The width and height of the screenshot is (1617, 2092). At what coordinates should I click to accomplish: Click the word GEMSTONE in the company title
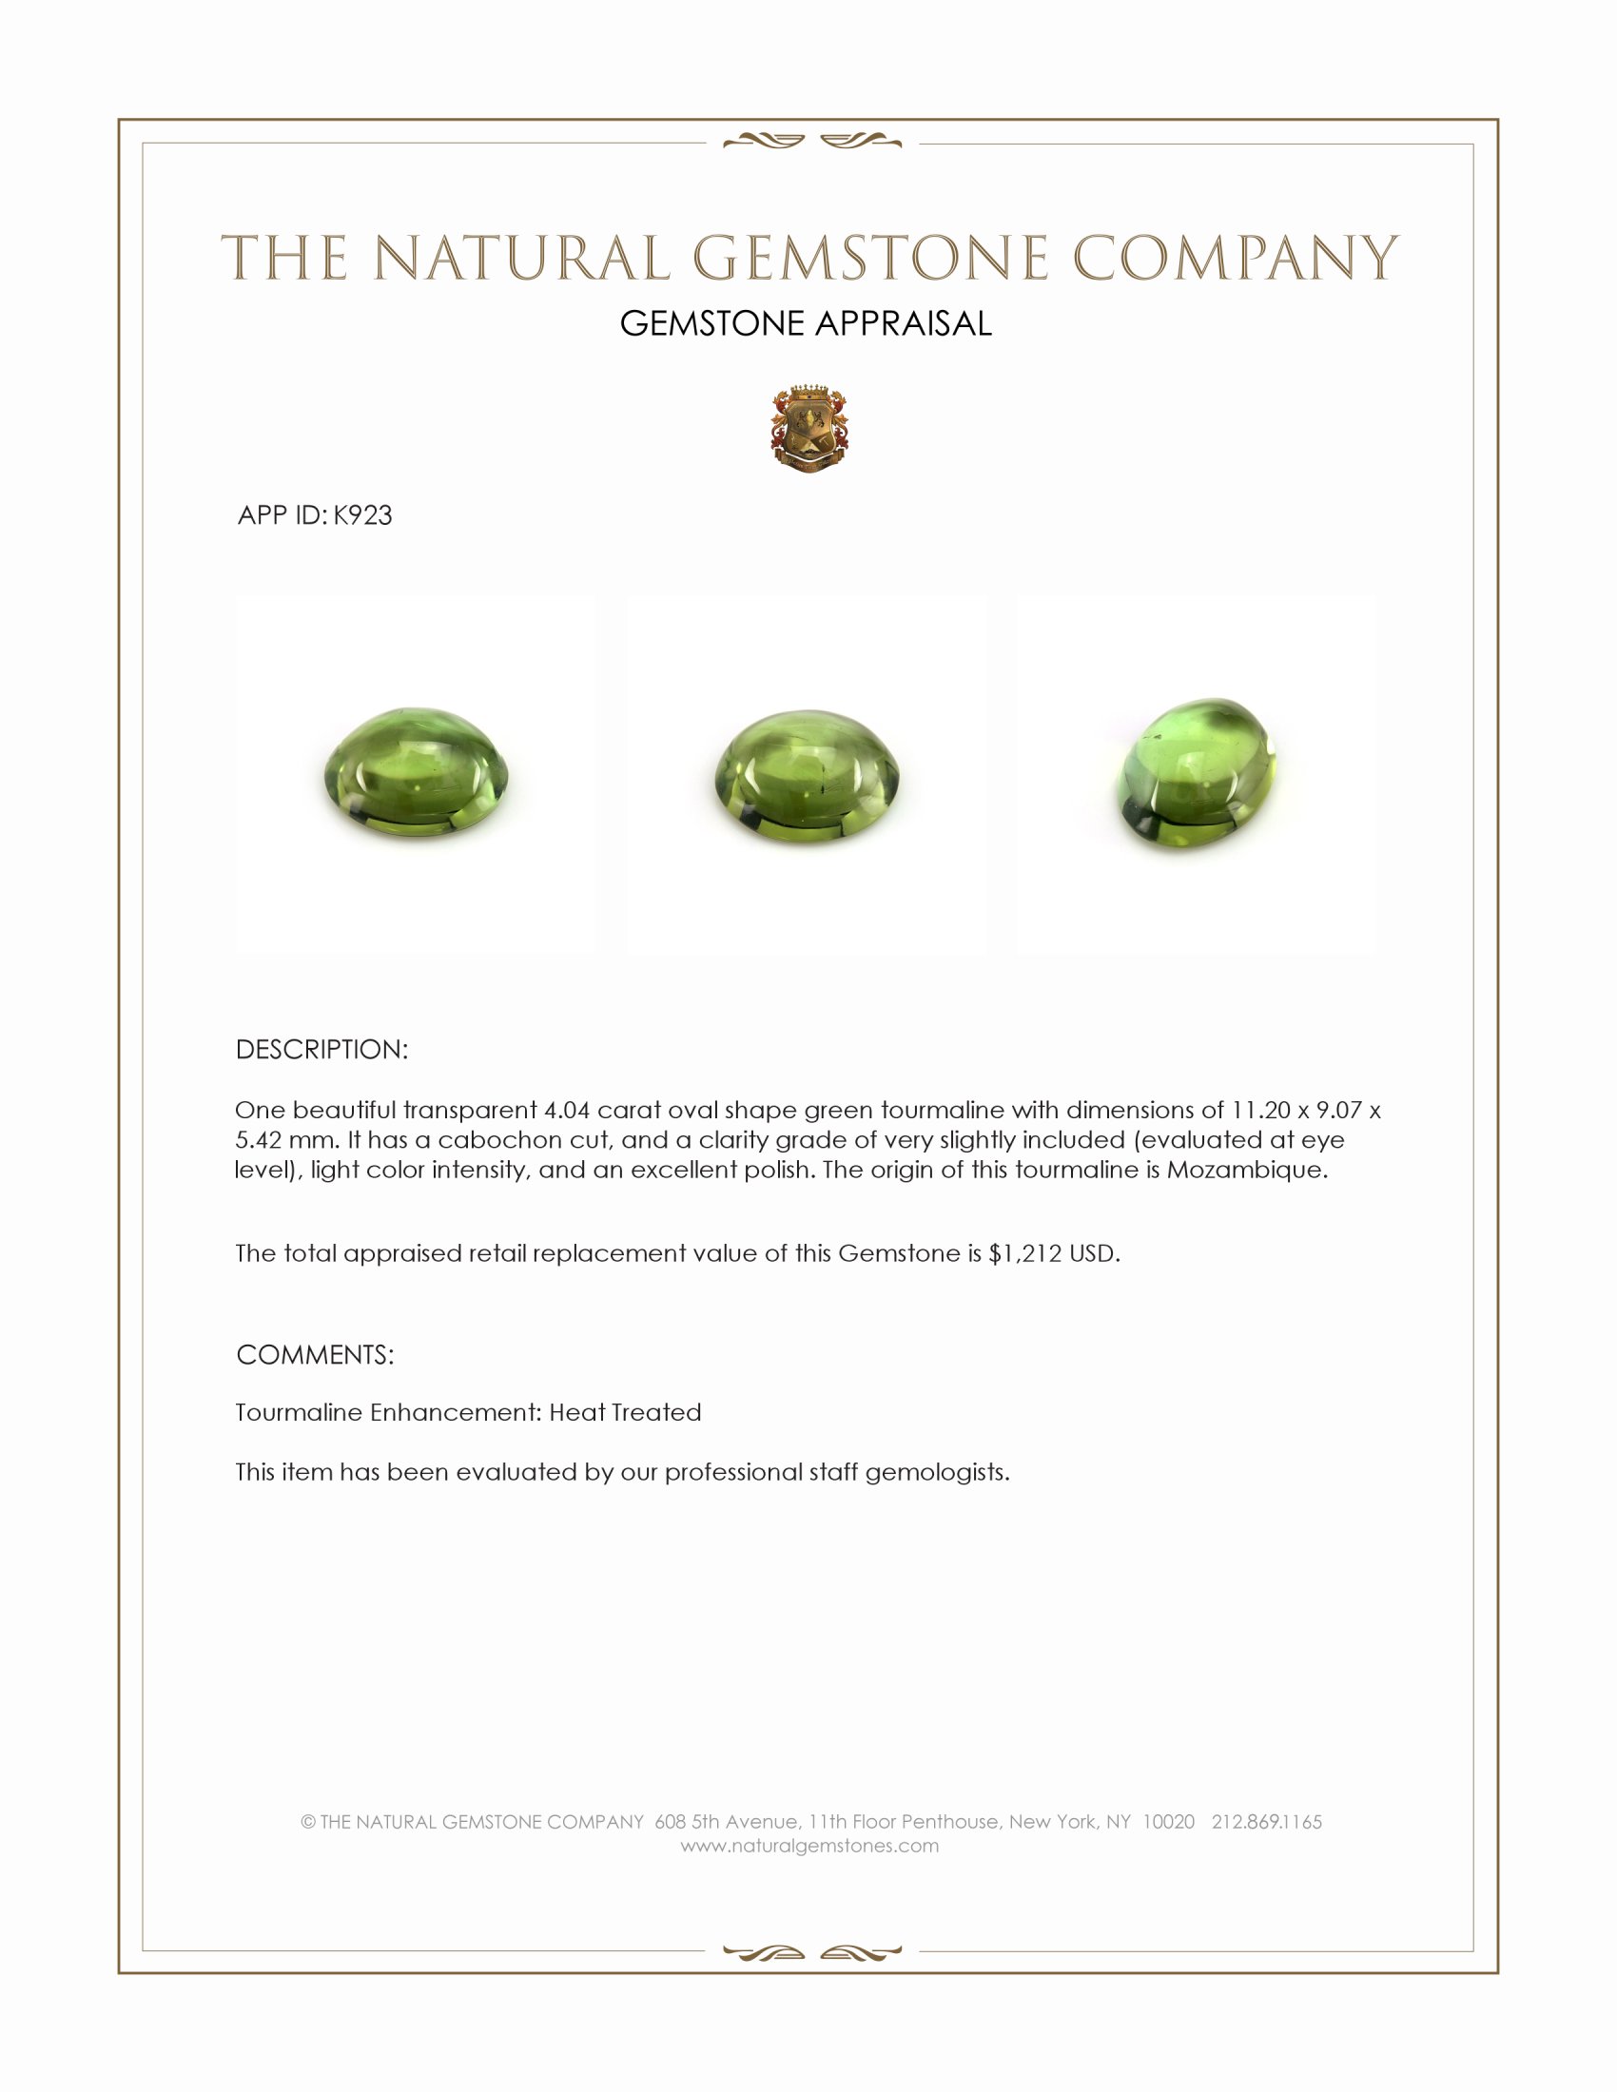(x=869, y=259)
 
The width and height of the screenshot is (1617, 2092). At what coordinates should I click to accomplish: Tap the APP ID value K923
(x=363, y=515)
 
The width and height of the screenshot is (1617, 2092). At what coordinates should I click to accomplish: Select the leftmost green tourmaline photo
(x=417, y=775)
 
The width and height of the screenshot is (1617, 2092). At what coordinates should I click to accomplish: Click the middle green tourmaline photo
(x=808, y=777)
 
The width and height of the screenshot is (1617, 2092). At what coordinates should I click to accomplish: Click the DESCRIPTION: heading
(x=321, y=1050)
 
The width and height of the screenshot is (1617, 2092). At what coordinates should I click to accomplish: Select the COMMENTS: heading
(x=315, y=1354)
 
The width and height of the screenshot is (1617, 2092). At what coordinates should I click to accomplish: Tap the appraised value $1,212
(x=1025, y=1254)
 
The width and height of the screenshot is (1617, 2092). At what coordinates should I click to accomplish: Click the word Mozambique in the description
(x=1244, y=1170)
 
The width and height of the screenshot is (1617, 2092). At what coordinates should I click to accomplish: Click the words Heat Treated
(x=625, y=1412)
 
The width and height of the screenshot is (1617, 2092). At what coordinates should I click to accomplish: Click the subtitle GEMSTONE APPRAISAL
(x=806, y=323)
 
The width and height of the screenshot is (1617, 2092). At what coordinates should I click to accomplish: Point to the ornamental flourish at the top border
(x=812, y=142)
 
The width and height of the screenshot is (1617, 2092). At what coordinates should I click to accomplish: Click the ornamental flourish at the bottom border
(x=812, y=1952)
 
